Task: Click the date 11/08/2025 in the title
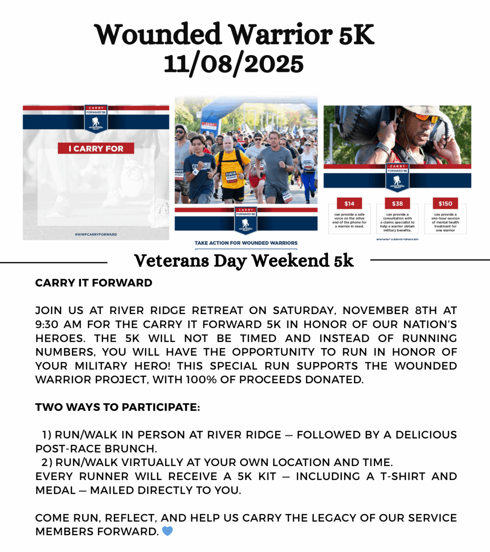234,64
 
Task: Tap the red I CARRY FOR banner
96,148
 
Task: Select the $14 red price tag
349,204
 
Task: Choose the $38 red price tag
397,204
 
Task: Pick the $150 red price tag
445,204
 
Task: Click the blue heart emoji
168,531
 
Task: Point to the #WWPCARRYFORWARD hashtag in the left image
96,235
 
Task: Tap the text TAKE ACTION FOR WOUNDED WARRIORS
246,243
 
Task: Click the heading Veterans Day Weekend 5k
244,261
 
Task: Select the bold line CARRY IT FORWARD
94,283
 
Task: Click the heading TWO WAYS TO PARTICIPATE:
118,407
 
